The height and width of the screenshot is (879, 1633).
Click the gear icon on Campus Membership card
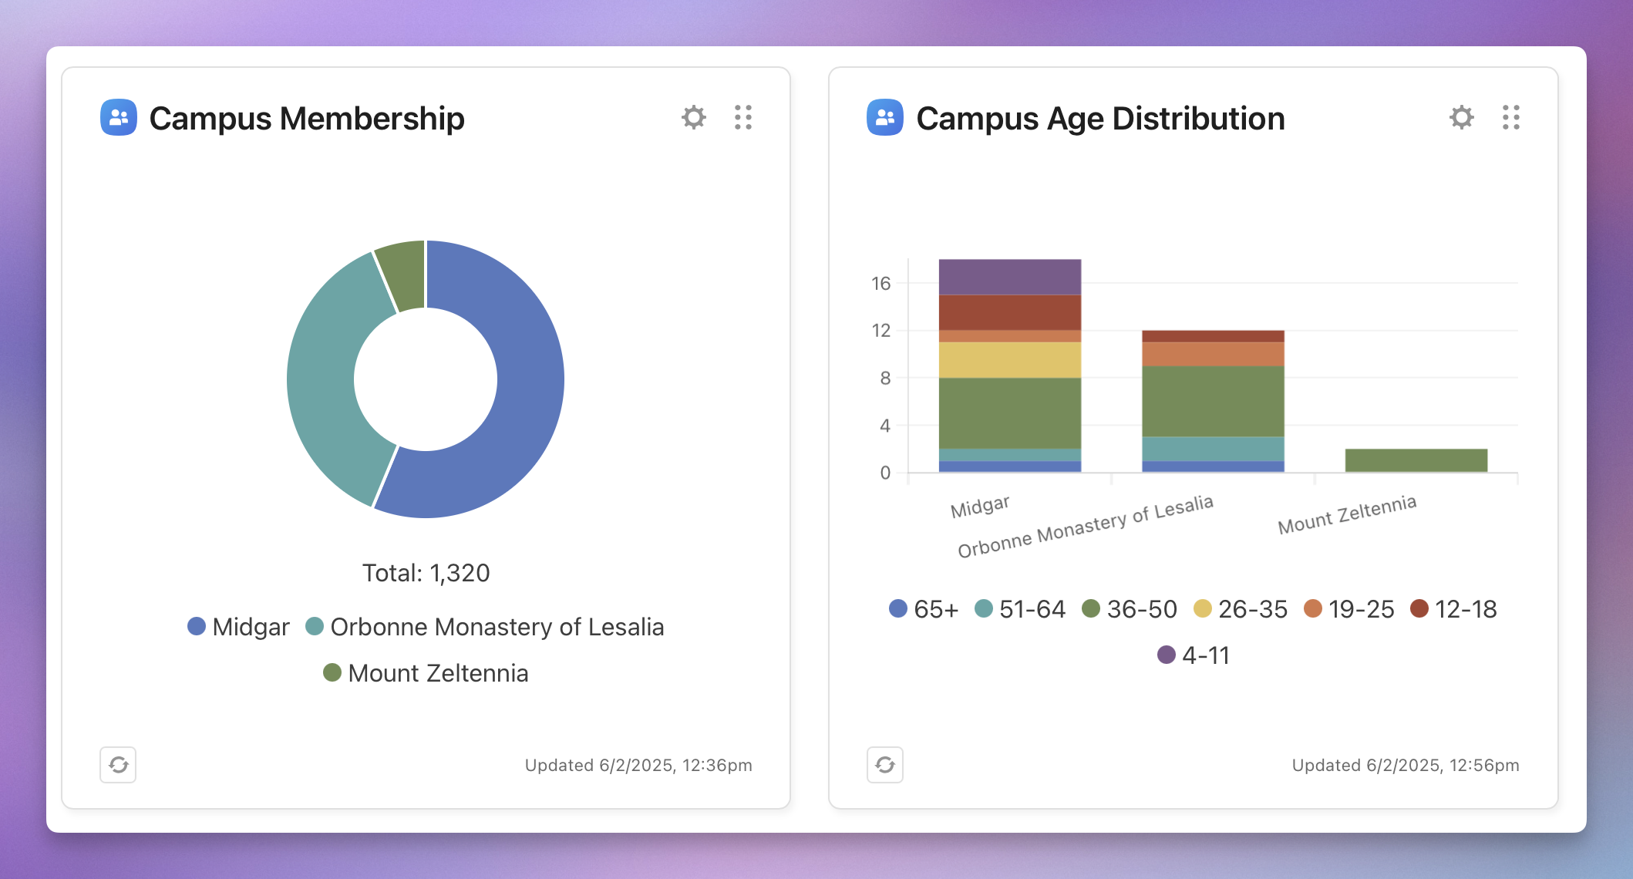click(694, 117)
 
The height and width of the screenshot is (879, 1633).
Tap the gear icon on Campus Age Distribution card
click(1461, 117)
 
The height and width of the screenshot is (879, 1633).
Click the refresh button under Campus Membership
click(118, 765)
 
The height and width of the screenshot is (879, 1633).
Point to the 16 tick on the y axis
click(880, 284)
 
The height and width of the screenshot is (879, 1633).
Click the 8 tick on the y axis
click(885, 379)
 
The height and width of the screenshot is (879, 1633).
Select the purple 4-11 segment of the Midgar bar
click(1009, 277)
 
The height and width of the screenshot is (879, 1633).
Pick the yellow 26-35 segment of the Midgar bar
click(1009, 359)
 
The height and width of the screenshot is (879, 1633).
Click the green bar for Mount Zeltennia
click(1416, 460)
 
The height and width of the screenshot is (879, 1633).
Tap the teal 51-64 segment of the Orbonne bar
click(1213, 449)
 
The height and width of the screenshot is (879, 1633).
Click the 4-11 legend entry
click(1194, 655)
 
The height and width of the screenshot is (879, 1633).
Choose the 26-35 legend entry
click(1241, 609)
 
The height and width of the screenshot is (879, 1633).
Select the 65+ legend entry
click(924, 609)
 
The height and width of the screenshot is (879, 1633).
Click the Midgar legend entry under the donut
click(239, 627)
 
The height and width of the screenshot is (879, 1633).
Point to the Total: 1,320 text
click(426, 573)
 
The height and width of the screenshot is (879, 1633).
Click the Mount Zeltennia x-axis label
click(1347, 515)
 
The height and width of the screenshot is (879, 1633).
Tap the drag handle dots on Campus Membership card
click(743, 117)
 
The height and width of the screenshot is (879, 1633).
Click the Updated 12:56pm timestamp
click(1405, 765)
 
